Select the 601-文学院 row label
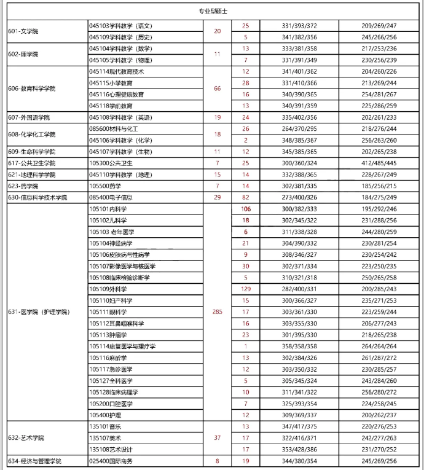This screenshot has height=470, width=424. click(23, 31)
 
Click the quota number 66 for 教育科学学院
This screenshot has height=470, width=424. click(217, 88)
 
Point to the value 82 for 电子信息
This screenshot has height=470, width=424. click(246, 197)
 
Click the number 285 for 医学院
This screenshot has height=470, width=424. click(217, 312)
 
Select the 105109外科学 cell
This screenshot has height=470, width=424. click(108, 289)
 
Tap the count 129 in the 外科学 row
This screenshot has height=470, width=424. click(246, 289)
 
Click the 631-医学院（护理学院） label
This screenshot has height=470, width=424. click(38, 312)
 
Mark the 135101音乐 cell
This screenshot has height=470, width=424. click(105, 426)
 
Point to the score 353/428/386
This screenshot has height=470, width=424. click(299, 449)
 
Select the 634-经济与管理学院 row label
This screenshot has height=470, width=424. click(35, 461)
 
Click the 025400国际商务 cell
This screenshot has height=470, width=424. click(111, 461)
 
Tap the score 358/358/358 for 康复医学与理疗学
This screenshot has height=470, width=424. click(299, 346)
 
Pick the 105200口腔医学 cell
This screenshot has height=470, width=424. click(111, 404)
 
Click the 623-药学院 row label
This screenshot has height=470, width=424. click(23, 186)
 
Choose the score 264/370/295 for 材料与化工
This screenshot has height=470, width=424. click(299, 128)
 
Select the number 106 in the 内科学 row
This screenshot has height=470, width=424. click(246, 209)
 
